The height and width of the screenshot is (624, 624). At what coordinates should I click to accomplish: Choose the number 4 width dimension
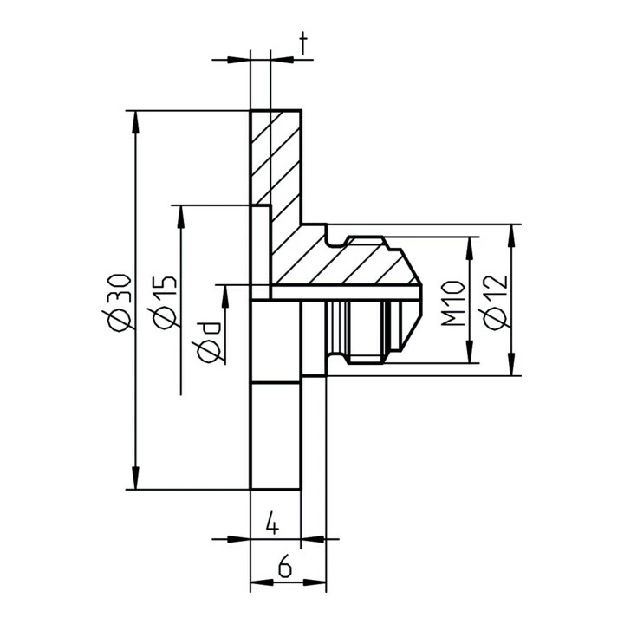tap(272, 523)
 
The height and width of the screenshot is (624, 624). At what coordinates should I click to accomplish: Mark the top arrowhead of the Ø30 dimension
tap(135, 120)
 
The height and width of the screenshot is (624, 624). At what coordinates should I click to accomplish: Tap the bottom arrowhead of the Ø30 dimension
tap(135, 479)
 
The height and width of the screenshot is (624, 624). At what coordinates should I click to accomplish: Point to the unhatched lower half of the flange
tap(276, 433)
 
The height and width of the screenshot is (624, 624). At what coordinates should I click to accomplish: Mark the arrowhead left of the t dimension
tap(238, 60)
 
